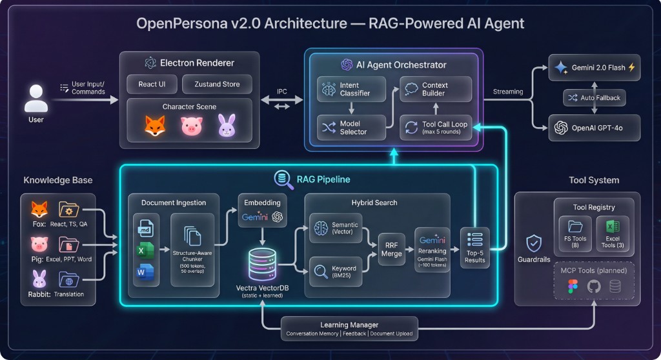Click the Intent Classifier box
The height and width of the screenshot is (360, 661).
coord(351,89)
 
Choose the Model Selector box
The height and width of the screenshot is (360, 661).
coord(351,127)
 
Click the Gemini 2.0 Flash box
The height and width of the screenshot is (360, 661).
coord(594,68)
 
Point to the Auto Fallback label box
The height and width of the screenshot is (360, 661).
coord(594,98)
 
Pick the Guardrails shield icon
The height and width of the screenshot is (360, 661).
coord(533,243)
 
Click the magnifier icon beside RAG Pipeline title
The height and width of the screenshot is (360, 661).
coord(282,179)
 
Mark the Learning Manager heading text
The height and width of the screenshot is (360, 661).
coord(349,325)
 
